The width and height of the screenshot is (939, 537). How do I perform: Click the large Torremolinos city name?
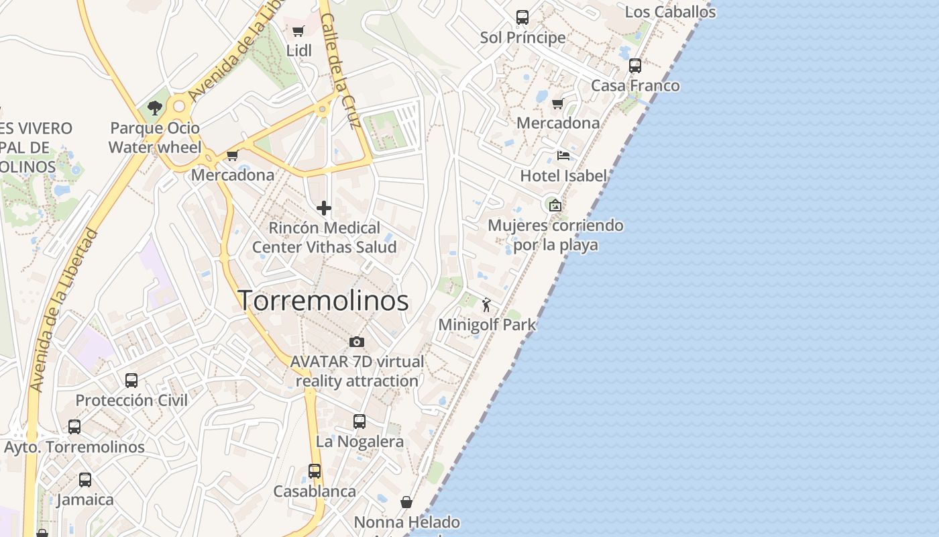pyautogui.click(x=323, y=300)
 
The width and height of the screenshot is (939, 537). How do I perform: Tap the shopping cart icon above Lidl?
pyautogui.click(x=298, y=31)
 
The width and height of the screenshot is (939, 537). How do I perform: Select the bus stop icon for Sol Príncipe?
pyautogui.click(x=522, y=17)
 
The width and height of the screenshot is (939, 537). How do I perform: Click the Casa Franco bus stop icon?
pyautogui.click(x=634, y=66)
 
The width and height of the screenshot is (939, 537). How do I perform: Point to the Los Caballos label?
pyautogui.click(x=670, y=12)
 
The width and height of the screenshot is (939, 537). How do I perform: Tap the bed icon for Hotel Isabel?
pyautogui.click(x=563, y=156)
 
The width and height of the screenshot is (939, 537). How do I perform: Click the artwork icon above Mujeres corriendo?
pyautogui.click(x=555, y=205)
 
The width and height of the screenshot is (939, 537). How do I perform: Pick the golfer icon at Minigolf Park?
pyautogui.click(x=486, y=305)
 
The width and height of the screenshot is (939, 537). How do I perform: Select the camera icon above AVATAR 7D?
pyautogui.click(x=357, y=342)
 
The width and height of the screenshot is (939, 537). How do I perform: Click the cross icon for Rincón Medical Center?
pyautogui.click(x=324, y=208)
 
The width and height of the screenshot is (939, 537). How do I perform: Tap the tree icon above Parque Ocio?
pyautogui.click(x=155, y=107)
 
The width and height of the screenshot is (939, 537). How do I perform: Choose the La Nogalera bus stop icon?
pyautogui.click(x=360, y=422)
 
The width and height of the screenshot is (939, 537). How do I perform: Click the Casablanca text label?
pyautogui.click(x=315, y=491)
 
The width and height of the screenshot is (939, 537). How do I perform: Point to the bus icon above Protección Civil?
pyautogui.click(x=131, y=381)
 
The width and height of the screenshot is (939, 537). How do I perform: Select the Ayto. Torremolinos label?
pyautogui.click(x=74, y=447)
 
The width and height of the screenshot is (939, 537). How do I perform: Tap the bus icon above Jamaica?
pyautogui.click(x=85, y=480)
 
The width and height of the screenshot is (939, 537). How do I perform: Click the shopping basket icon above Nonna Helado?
pyautogui.click(x=406, y=502)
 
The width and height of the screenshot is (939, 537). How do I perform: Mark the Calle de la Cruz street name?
pyautogui.click(x=341, y=72)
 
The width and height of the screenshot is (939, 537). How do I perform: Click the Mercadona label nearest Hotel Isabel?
pyautogui.click(x=558, y=123)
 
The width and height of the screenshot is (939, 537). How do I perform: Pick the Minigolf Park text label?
pyautogui.click(x=487, y=325)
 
